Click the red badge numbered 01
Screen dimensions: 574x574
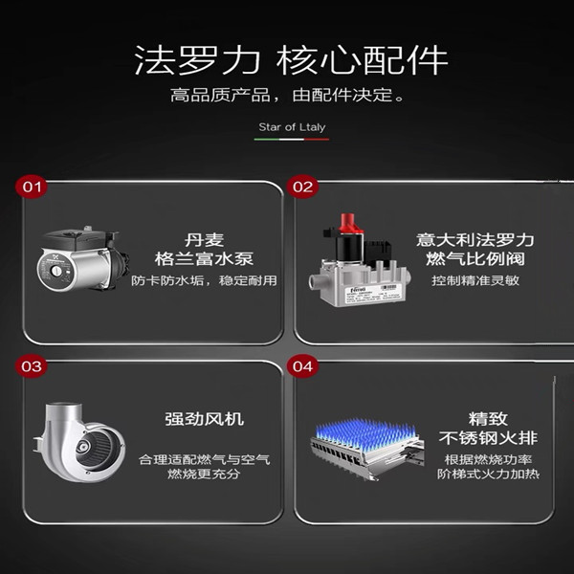click(32, 188)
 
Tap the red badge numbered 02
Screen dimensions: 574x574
click(302, 188)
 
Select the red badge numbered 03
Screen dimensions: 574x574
click(32, 366)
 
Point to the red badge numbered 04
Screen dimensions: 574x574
click(302, 366)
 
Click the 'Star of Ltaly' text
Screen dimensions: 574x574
click(292, 127)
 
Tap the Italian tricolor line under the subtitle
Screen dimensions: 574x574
click(292, 139)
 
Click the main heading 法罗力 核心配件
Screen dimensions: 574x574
click(292, 60)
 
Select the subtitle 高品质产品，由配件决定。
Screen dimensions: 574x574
click(287, 95)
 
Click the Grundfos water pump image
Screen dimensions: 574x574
click(83, 259)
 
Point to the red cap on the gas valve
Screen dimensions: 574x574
click(350, 223)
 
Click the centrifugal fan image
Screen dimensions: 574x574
click(79, 442)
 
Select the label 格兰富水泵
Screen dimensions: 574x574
click(204, 259)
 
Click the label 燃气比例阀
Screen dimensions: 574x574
click(475, 259)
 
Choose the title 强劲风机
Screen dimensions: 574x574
click(204, 419)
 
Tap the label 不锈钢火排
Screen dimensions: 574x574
click(488, 438)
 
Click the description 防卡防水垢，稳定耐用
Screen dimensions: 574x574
click(204, 280)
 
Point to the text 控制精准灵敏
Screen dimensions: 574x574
click(475, 280)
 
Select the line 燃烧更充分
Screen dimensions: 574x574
click(204, 475)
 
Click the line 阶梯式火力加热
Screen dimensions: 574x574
click(488, 475)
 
